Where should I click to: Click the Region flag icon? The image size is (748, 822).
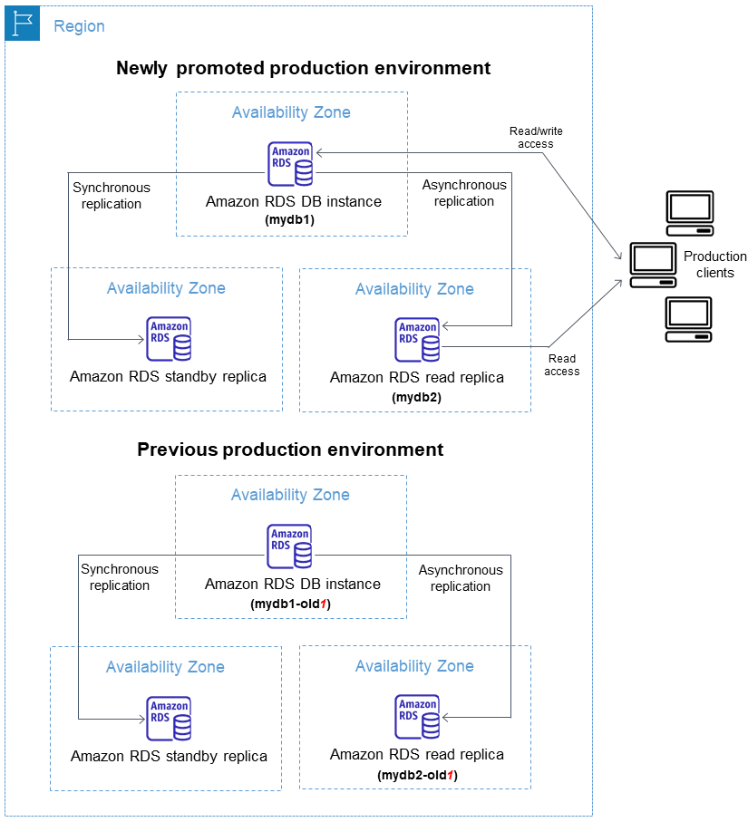pos(23,24)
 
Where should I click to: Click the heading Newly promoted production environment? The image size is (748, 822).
pos(303,68)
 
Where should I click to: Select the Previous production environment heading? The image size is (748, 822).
pos(290,450)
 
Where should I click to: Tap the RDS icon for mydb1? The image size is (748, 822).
pos(290,164)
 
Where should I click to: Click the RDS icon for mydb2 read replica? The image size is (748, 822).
pos(417,340)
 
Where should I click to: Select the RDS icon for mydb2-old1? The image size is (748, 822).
pos(417,717)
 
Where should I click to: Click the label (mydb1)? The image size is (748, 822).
pos(289,219)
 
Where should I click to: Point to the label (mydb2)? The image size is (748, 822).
pos(416,396)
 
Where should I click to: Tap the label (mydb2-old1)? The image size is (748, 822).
pos(416,776)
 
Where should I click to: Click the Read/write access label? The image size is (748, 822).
pos(535,138)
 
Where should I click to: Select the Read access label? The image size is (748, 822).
pos(562,365)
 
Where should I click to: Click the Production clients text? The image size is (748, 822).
pos(714,265)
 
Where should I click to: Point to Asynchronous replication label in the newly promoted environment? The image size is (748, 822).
pos(463,193)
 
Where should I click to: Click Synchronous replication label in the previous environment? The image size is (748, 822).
pos(119,577)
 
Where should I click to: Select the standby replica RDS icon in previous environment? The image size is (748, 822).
pos(170,719)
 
